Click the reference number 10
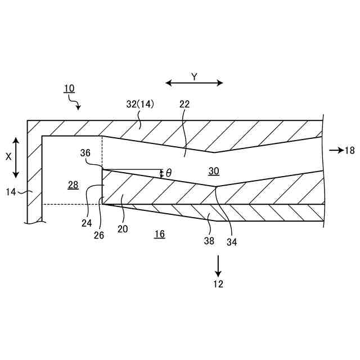click(x=69, y=88)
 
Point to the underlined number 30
click(x=214, y=172)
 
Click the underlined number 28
click(x=73, y=186)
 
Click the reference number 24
click(x=86, y=223)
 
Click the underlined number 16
click(x=160, y=235)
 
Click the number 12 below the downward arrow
click(x=218, y=284)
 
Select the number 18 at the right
click(x=350, y=150)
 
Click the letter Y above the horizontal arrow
click(x=194, y=77)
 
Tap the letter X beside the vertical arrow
click(x=8, y=157)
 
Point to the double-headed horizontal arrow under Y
click(x=194, y=83)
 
